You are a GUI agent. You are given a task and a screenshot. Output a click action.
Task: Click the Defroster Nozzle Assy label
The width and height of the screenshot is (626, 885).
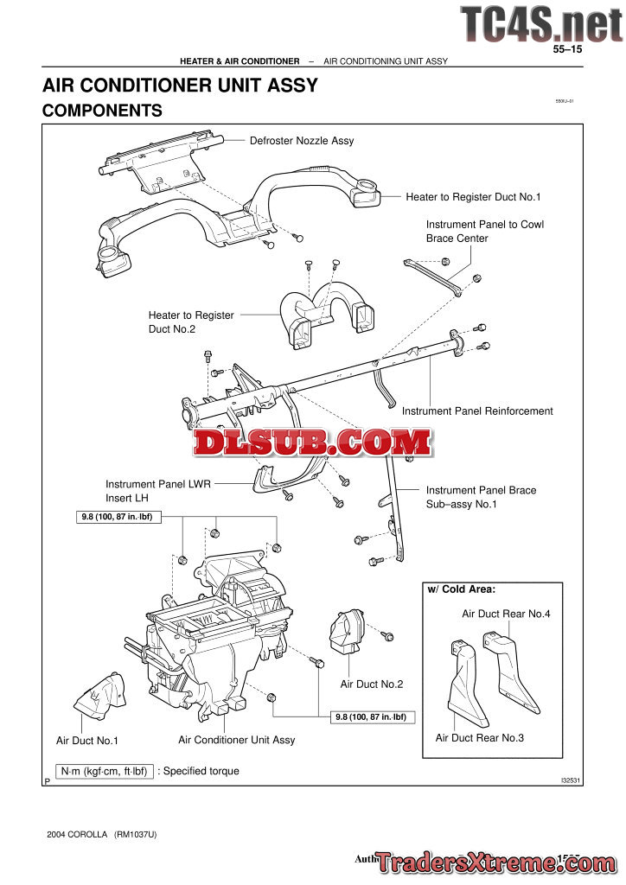tap(302, 140)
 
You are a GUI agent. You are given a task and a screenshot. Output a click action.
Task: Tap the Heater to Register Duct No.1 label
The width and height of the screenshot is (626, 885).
tap(473, 197)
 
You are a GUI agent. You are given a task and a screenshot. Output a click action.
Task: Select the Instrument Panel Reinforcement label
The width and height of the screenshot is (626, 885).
tap(477, 411)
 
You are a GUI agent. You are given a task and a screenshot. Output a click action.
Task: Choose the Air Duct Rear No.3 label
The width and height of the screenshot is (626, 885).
tap(480, 738)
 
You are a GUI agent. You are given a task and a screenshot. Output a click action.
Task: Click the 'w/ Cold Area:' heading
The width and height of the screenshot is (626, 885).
tap(462, 589)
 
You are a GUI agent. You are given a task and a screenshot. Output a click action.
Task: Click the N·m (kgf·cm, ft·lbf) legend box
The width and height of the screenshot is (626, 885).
tap(104, 771)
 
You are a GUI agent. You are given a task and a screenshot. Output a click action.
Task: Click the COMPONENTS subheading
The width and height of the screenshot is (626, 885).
tap(102, 111)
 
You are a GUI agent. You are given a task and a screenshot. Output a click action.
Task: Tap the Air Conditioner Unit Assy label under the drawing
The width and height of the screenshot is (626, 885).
tap(236, 740)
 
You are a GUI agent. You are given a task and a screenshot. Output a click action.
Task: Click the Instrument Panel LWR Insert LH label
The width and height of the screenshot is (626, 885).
tap(157, 491)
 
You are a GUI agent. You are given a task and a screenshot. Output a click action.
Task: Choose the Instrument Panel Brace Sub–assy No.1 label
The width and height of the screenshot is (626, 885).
tap(481, 497)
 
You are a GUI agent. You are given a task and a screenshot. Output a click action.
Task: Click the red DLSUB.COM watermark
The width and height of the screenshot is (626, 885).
tap(312, 443)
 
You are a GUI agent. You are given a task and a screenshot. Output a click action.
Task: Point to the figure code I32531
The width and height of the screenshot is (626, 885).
tap(568, 780)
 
